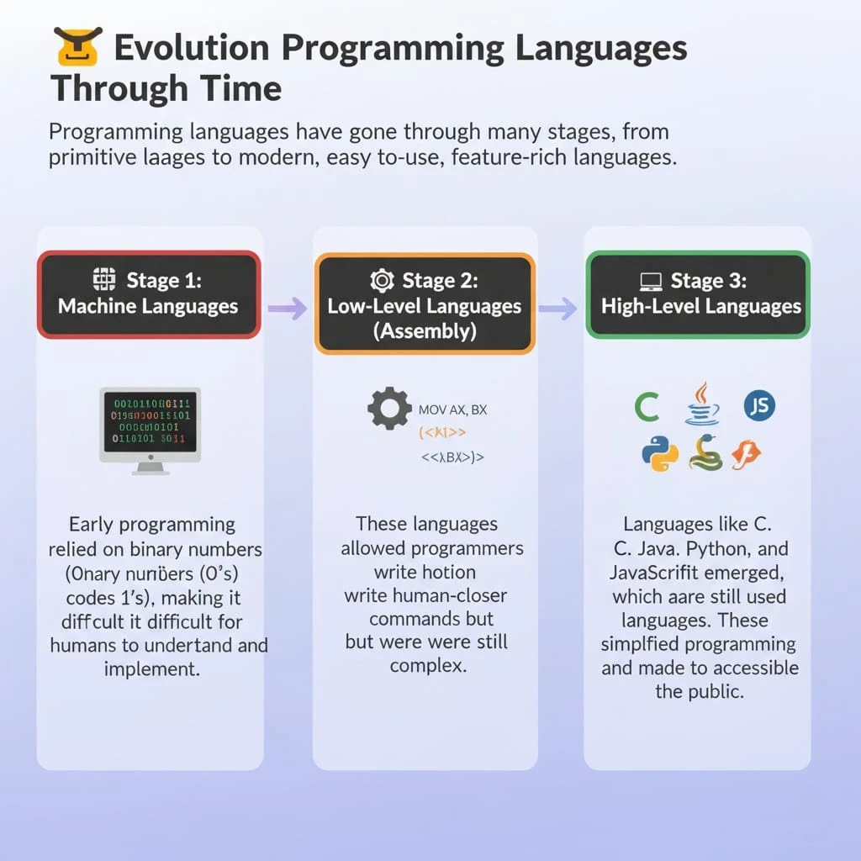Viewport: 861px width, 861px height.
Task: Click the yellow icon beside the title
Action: pyautogui.click(x=77, y=47)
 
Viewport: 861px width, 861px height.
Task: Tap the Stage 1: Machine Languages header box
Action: pyautogui.click(x=149, y=294)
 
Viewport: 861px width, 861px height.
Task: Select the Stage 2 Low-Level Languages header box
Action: pyautogui.click(x=425, y=304)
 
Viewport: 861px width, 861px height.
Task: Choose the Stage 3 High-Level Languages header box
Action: pyautogui.click(x=697, y=294)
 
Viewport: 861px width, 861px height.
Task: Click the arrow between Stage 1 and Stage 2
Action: pyautogui.click(x=288, y=309)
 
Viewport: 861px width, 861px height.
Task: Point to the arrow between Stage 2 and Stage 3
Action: pyautogui.click(x=557, y=309)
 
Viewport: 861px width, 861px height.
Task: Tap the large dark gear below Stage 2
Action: pyautogui.click(x=389, y=409)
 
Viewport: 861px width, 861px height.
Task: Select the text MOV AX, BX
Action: pyautogui.click(x=452, y=410)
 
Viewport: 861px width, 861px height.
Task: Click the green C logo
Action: pyautogui.click(x=646, y=408)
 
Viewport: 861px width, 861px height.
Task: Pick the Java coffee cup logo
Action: pyautogui.click(x=702, y=404)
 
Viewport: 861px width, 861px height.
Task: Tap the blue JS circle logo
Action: pyautogui.click(x=759, y=407)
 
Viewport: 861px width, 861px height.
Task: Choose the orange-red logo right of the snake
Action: pyautogui.click(x=746, y=454)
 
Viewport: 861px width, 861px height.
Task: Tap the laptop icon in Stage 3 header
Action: pyautogui.click(x=651, y=281)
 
